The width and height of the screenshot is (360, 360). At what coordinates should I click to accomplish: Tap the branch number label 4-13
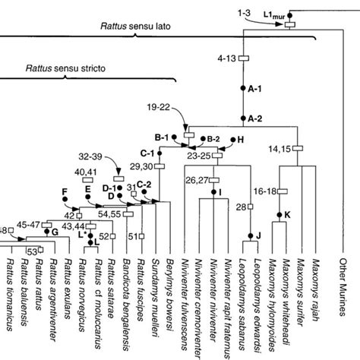pos(226,58)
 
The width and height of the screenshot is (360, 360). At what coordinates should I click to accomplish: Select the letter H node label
pos(241,140)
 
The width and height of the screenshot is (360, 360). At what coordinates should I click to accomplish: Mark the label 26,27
pos(196,180)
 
